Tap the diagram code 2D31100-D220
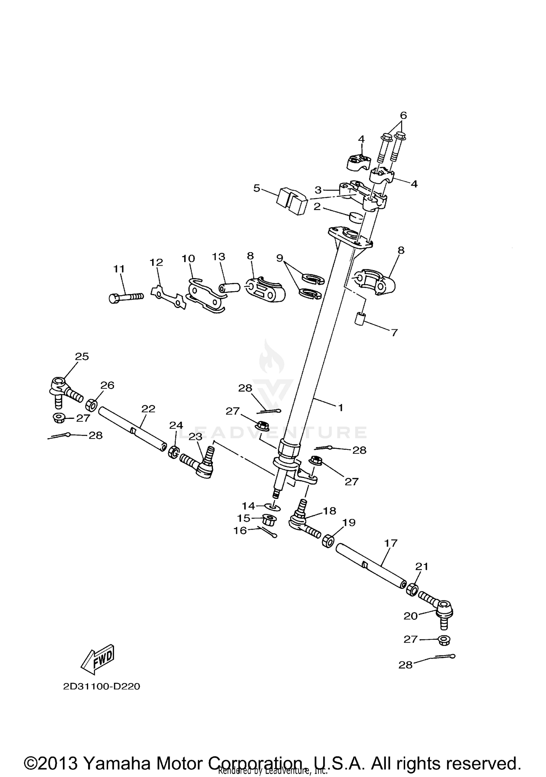click(x=102, y=687)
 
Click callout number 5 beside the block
click(x=257, y=189)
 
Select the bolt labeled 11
click(x=126, y=297)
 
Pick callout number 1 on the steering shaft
click(x=341, y=408)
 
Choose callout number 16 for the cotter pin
click(x=240, y=531)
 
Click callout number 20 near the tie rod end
click(x=411, y=616)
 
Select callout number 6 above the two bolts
click(x=403, y=115)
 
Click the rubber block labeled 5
click(x=292, y=200)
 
